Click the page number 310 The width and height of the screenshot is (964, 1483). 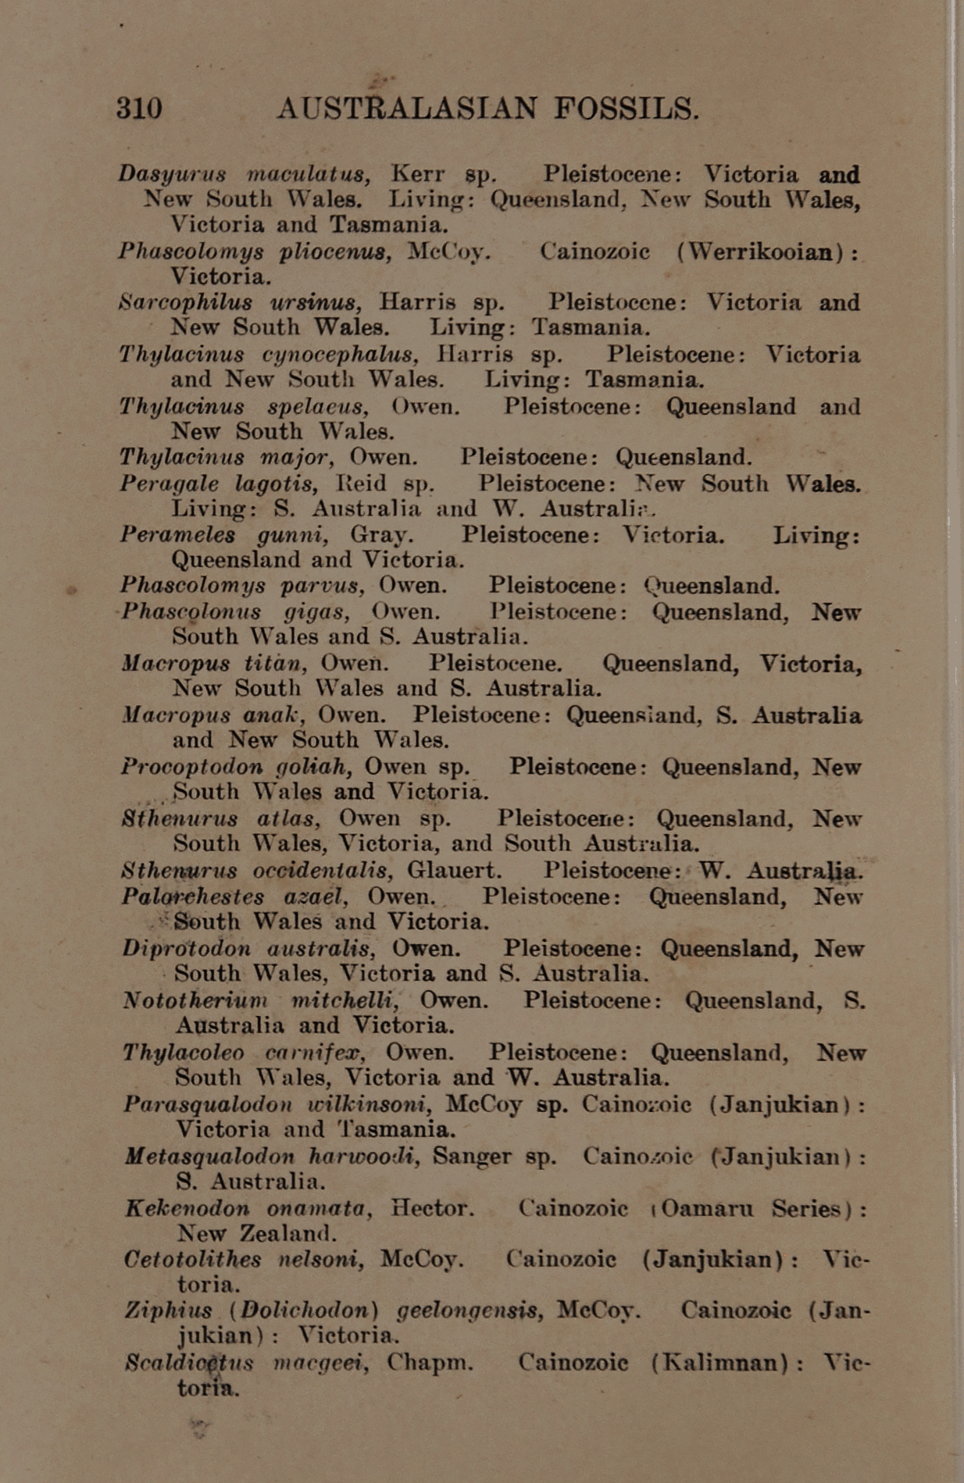pos(140,108)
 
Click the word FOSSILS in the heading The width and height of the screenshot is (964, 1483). pos(626,108)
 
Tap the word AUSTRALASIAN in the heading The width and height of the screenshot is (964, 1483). pos(408,108)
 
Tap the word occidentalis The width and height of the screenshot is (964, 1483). pos(323,870)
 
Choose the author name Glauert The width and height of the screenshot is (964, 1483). pos(455,870)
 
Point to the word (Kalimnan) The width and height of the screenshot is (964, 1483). pos(722,1363)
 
